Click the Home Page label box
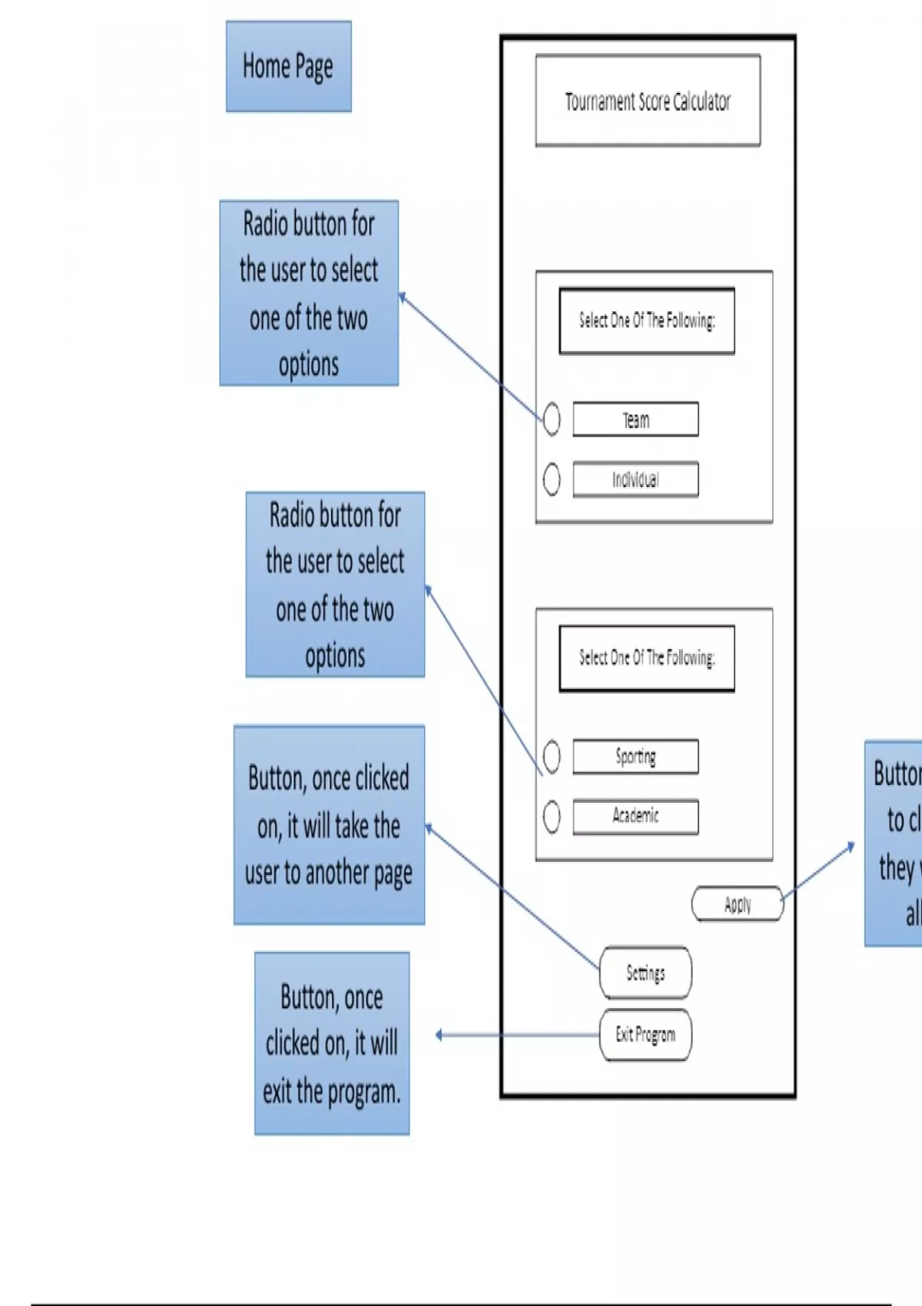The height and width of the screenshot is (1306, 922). tap(288, 67)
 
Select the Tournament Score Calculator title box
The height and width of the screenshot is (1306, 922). tap(648, 101)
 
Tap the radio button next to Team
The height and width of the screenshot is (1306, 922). tap(552, 419)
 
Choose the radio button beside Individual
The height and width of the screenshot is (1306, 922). tap(552, 479)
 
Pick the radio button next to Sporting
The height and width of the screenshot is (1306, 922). tap(552, 756)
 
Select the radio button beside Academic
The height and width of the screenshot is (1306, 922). tap(552, 816)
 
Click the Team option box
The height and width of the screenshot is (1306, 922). tap(635, 419)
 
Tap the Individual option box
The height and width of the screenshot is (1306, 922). tap(635, 479)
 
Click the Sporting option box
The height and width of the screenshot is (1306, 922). tap(635, 756)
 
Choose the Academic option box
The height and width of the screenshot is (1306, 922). tap(635, 816)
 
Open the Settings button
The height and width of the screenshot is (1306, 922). tap(645, 973)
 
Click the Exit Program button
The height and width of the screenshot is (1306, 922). tap(645, 1035)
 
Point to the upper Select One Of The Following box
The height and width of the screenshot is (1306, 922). tap(647, 320)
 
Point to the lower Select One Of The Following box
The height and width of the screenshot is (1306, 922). tap(647, 658)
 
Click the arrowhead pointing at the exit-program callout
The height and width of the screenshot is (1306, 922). tap(439, 1035)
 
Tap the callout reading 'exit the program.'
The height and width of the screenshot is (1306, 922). tap(332, 1043)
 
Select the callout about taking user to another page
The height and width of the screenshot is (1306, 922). tap(329, 825)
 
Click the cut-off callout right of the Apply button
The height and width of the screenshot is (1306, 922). tap(894, 844)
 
